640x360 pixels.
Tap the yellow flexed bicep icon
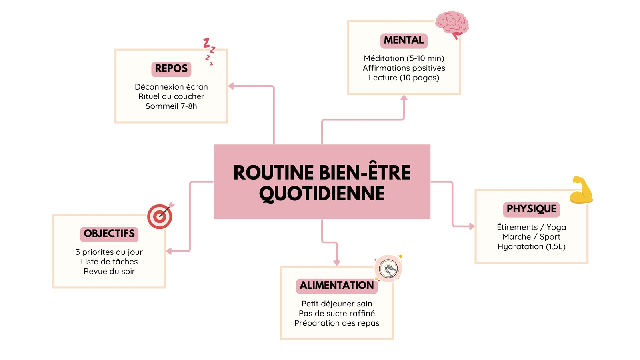click(581, 190)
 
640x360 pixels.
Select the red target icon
click(160, 216)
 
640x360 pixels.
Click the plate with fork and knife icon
click(388, 268)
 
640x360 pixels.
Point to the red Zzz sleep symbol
click(210, 52)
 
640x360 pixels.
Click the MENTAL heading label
click(404, 40)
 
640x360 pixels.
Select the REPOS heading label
click(171, 69)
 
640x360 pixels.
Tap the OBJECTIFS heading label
click(109, 234)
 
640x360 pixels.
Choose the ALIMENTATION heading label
click(336, 286)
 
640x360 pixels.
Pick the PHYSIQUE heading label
click(532, 210)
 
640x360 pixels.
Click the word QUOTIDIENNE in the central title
click(322, 194)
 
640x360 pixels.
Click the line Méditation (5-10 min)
click(404, 58)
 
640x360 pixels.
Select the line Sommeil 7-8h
click(171, 106)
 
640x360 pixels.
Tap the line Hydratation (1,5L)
click(532, 246)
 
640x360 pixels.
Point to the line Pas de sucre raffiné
click(336, 314)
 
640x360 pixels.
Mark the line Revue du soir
click(109, 272)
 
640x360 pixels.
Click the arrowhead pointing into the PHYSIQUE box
click(472, 226)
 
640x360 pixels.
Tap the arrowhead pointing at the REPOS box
click(231, 86)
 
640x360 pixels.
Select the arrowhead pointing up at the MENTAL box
click(404, 98)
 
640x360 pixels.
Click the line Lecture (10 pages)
click(404, 78)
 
